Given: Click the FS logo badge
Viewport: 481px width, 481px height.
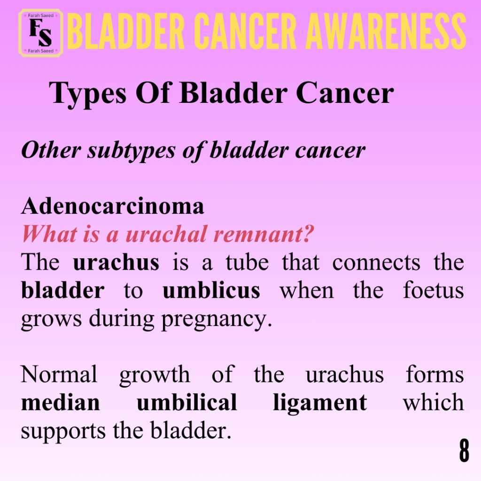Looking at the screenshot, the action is point(41,33).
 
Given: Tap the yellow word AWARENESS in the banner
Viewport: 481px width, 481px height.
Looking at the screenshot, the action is point(386,31).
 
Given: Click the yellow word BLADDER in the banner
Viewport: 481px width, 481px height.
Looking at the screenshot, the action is point(126,31).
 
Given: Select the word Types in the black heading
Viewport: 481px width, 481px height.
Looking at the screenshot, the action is point(88,94).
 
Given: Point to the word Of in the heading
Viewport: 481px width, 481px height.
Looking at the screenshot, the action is point(153,93).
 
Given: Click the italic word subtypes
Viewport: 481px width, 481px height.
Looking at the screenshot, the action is point(132,151).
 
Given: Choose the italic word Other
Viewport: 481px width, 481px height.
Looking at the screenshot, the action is point(51,150).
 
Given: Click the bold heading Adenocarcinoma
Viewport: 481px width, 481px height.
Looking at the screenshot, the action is point(113,206).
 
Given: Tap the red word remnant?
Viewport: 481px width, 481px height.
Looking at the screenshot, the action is point(264,234).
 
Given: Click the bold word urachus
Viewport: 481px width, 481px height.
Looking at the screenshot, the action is point(116,262).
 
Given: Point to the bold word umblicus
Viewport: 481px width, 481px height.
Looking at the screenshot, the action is point(211,290).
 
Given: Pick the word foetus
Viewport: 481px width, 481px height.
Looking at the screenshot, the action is point(433,290).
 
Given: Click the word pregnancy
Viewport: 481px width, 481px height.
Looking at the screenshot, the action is point(217,320).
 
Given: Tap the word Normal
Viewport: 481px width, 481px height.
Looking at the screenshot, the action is point(59,374).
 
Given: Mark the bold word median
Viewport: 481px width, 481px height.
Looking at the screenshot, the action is point(61,402).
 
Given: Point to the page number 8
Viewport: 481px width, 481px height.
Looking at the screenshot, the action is point(464,450).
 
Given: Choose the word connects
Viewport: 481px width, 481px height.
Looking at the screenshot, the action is point(376,263).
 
